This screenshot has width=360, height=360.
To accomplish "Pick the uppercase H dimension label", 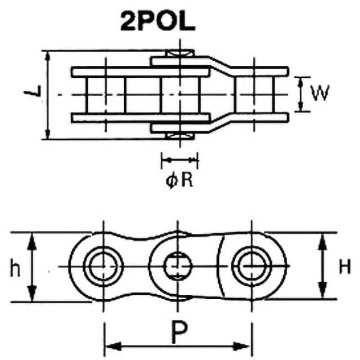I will coord(345,267).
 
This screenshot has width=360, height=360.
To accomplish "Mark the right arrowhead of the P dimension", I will coord(246,346).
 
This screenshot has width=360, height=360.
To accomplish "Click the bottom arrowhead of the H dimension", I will coord(322,292).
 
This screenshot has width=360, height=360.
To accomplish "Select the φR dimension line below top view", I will coord(180,159).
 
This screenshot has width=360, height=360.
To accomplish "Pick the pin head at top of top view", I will coord(179,54).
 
